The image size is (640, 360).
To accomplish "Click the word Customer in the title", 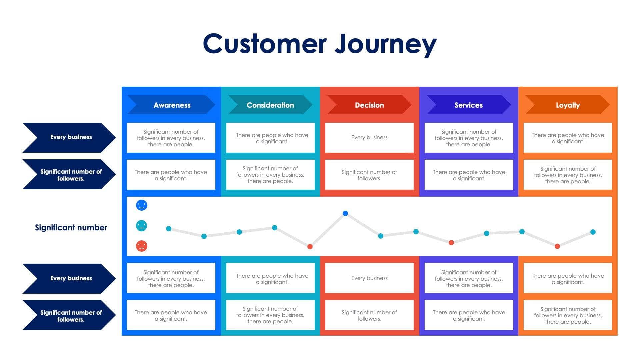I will [x=265, y=44].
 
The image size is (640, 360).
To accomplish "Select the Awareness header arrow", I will [x=171, y=105].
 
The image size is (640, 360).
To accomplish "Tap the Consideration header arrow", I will [x=270, y=105].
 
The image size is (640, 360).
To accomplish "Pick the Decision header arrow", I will [x=369, y=105].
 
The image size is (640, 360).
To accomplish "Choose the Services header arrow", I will [x=468, y=105].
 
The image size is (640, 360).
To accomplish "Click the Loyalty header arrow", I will [x=567, y=105].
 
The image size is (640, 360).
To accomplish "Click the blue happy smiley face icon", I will [x=142, y=205].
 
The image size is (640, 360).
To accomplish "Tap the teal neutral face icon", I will [x=142, y=226].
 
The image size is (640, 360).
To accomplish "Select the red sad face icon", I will [x=142, y=246].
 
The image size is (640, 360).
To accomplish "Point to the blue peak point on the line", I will [x=345, y=213].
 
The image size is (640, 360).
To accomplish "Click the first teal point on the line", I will [x=169, y=229].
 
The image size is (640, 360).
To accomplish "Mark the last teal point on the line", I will [x=593, y=232].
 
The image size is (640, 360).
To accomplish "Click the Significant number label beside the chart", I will [x=71, y=228].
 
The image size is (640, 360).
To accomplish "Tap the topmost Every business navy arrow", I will [x=69, y=137].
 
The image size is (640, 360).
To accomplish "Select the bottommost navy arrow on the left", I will [x=69, y=315].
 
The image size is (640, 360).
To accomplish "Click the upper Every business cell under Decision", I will [x=369, y=138].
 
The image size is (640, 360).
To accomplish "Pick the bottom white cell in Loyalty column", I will [x=568, y=315].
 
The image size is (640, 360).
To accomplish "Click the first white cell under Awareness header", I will [x=171, y=138].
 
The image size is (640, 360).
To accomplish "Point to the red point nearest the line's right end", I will [x=557, y=246].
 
